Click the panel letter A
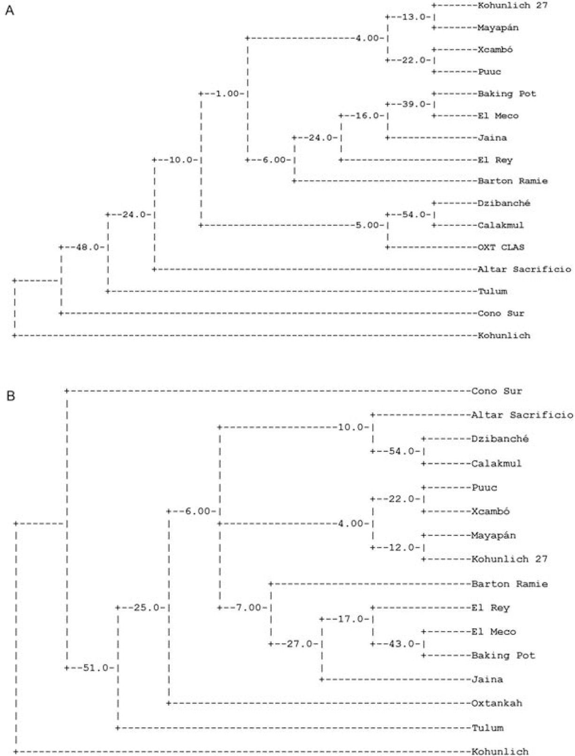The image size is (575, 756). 9,10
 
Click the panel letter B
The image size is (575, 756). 10,396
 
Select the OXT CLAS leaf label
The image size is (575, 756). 501,247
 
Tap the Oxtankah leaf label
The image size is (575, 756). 497,703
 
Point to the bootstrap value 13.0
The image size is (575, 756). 413,17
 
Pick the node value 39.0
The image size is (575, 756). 413,104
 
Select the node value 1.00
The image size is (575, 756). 227,94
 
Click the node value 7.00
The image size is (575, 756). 249,608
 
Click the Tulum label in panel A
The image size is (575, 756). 492,291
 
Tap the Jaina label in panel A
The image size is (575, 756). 492,138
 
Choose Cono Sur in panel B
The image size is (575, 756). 497,391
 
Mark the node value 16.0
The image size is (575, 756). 367,115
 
